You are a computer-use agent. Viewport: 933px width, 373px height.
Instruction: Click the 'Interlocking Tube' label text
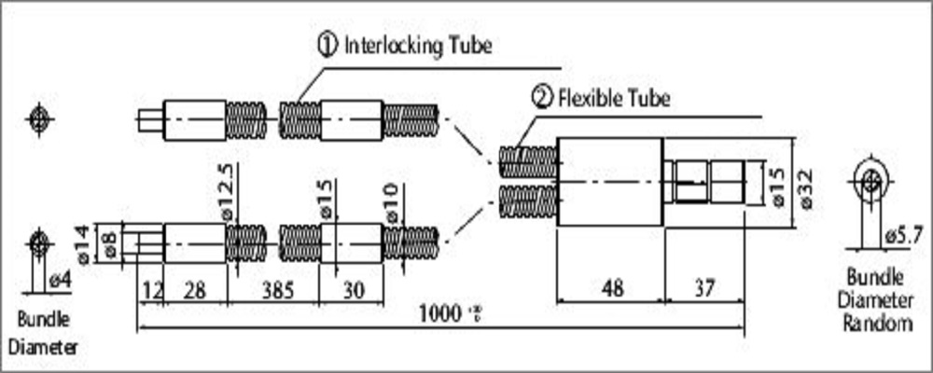click(x=417, y=45)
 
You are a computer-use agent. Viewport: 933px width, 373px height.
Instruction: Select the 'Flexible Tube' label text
click(x=613, y=97)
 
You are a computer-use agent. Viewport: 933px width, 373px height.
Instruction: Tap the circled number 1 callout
click(x=327, y=45)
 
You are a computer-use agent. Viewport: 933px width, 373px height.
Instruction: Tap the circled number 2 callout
click(x=542, y=97)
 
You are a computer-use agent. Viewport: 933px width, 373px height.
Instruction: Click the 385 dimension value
click(x=272, y=291)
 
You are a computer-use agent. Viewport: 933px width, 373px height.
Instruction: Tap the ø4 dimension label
click(x=59, y=278)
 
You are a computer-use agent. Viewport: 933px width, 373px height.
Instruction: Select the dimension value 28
click(x=195, y=291)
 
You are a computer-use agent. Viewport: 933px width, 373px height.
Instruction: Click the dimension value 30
click(x=351, y=291)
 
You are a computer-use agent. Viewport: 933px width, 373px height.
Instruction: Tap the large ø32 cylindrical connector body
click(x=608, y=182)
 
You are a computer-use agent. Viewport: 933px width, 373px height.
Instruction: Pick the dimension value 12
click(x=150, y=291)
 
